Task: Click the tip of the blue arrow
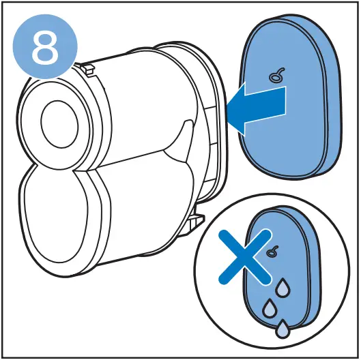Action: [229, 112]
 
